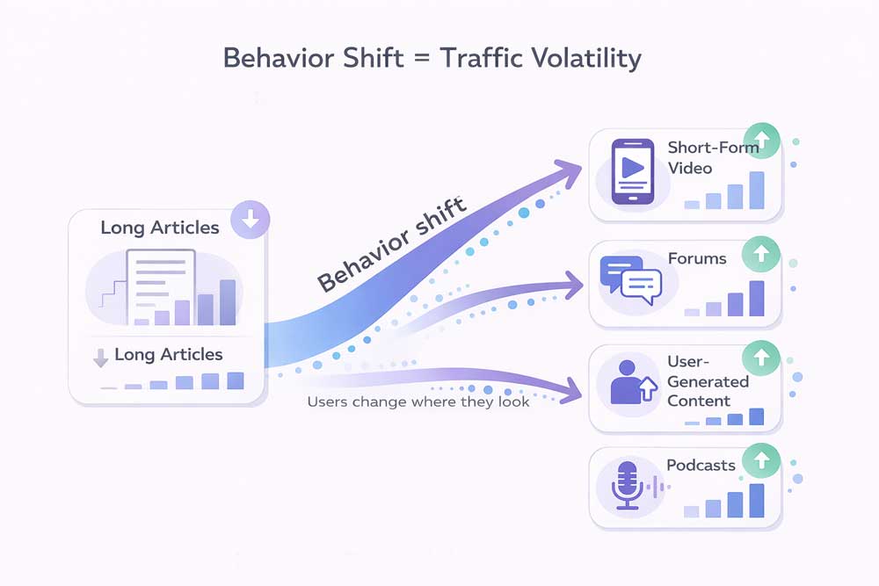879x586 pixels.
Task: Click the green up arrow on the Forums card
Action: click(x=761, y=257)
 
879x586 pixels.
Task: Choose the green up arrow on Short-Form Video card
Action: click(x=761, y=140)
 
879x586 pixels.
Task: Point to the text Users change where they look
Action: click(x=418, y=402)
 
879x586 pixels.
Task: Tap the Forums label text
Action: click(x=697, y=258)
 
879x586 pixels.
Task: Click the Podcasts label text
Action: click(x=701, y=465)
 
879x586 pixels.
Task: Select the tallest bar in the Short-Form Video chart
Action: click(x=756, y=190)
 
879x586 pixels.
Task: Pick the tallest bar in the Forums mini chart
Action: click(x=756, y=299)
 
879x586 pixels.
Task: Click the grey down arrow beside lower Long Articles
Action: click(x=100, y=357)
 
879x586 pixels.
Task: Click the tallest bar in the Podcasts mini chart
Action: click(x=756, y=501)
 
